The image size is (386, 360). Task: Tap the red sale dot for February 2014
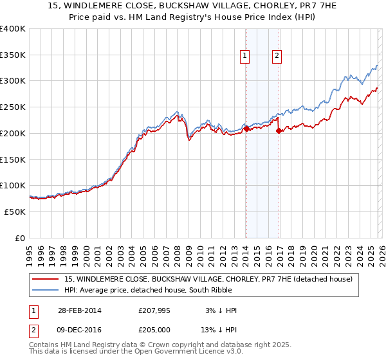[x=246, y=129]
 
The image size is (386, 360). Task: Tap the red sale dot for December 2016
[x=279, y=130]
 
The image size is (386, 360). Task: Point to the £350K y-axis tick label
[x=12, y=55]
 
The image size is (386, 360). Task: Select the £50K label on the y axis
[x=15, y=212]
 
